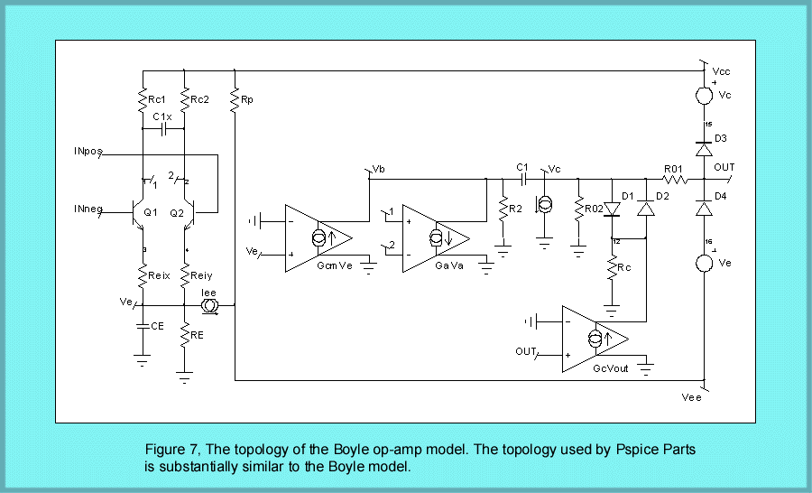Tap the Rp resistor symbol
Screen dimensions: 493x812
pyautogui.click(x=234, y=101)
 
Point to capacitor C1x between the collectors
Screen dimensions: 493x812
pyautogui.click(x=163, y=129)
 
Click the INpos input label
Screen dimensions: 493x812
pyautogui.click(x=88, y=153)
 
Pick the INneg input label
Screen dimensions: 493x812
pyautogui.click(x=88, y=209)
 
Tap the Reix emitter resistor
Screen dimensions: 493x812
pyautogui.click(x=143, y=274)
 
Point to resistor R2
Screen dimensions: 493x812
pyautogui.click(x=501, y=209)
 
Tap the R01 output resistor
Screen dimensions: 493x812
pyautogui.click(x=674, y=179)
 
